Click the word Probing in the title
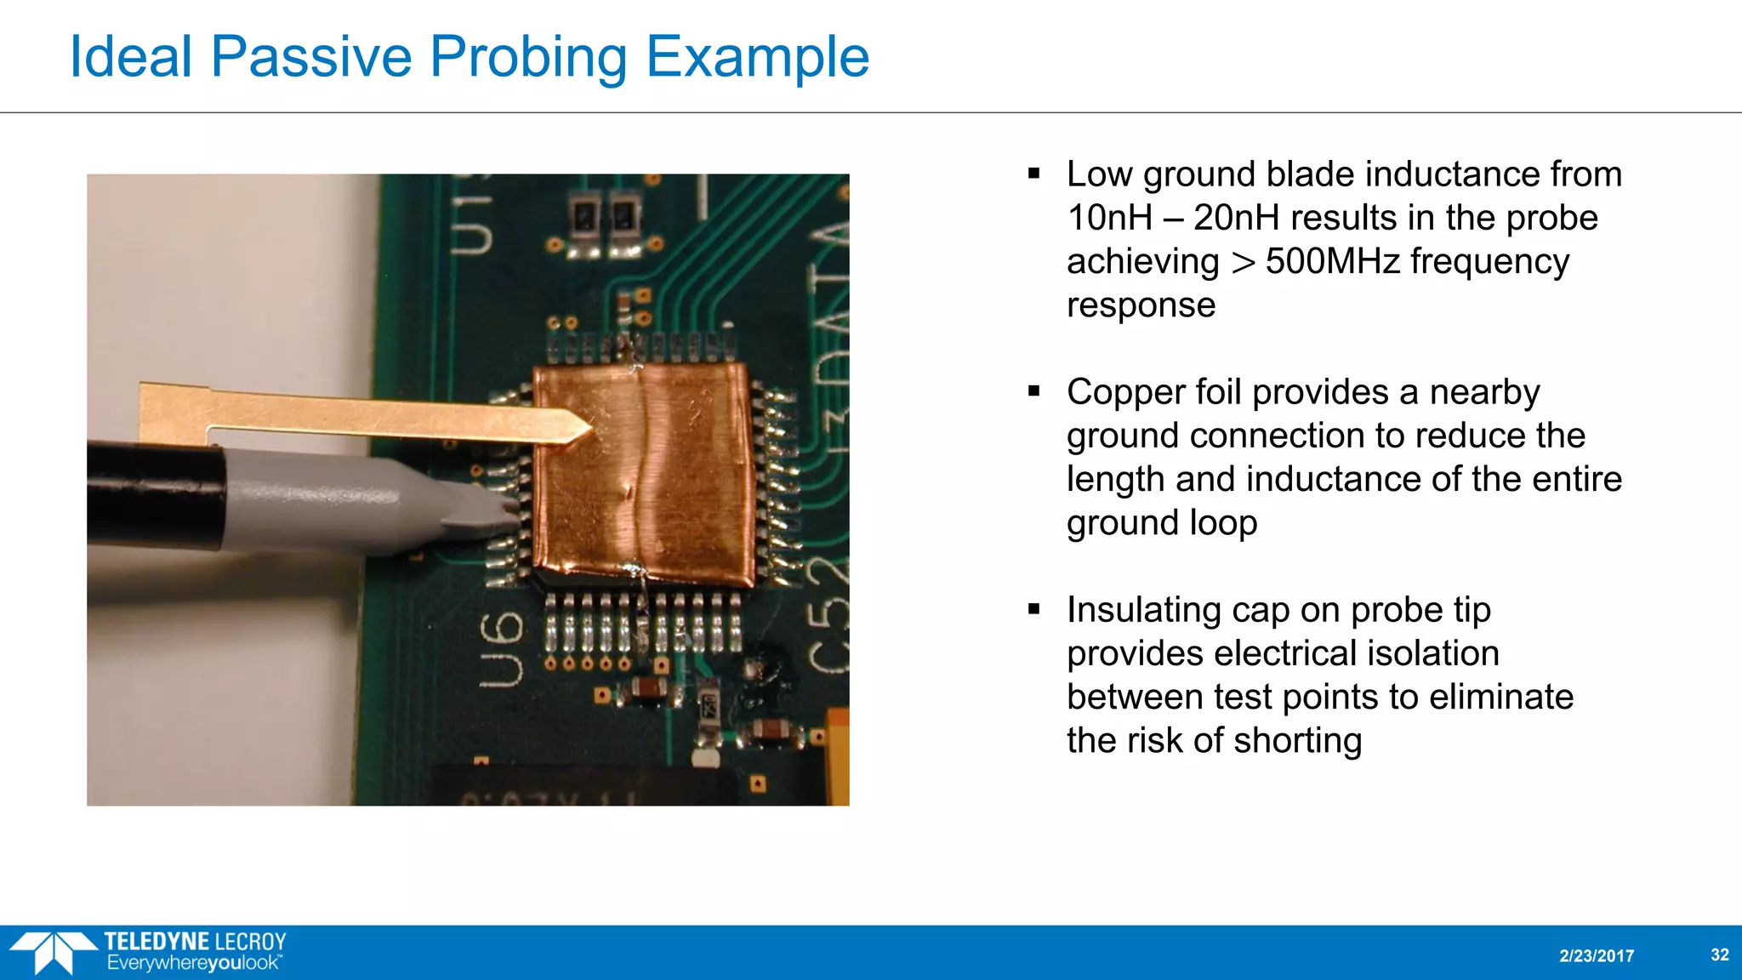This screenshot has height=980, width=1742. pos(527,58)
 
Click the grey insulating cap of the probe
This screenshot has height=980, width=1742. pos(366,502)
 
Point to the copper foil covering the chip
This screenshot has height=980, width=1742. pos(646,476)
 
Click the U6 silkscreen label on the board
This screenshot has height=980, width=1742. pos(500,648)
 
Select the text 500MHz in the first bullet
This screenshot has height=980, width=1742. pos(1332,261)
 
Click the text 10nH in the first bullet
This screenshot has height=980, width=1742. pos(1109,218)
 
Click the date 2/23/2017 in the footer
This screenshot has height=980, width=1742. pos(1596,956)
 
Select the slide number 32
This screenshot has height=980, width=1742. pos(1719,954)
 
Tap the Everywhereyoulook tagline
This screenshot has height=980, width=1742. pos(193,964)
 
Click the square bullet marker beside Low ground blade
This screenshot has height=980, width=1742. pos(1033,174)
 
